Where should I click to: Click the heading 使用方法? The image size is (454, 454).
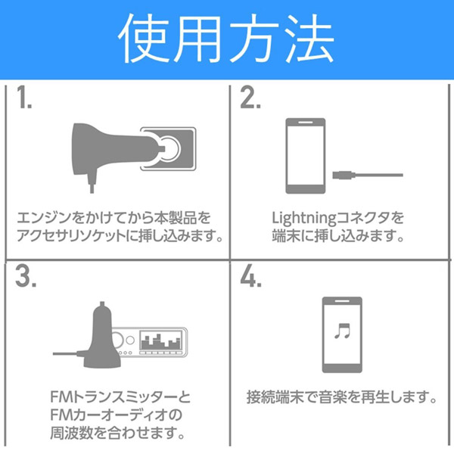225,39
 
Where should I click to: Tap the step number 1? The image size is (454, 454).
23,98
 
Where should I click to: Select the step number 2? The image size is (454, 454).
250,98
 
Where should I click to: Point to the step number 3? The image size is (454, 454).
26,275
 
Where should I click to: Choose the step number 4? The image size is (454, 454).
250,275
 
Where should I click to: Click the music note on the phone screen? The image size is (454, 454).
343,331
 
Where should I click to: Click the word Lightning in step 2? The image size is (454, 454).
303,219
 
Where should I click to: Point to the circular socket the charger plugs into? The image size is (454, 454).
169,148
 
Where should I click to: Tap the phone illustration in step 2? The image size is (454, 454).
306,156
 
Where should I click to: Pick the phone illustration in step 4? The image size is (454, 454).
342,334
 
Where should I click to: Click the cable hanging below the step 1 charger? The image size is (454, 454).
92,182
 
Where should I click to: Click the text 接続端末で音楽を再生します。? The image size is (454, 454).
342,397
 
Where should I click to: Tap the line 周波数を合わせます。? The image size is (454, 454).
117,433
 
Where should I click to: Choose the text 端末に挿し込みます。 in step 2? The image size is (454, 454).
337,236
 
